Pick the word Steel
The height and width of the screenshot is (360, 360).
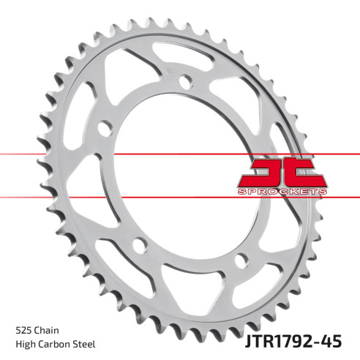click(85, 344)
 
